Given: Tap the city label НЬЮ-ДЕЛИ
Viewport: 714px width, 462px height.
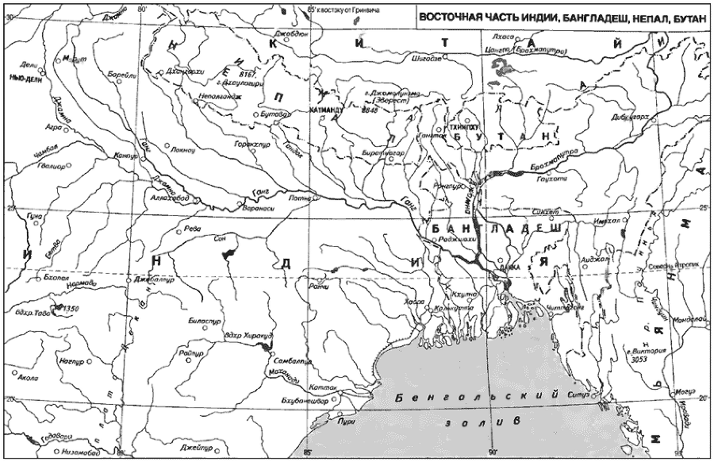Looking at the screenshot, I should [25, 79].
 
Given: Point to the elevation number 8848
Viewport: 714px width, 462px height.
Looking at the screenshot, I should [369, 110].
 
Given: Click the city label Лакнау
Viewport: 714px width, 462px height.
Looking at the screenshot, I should [182, 148].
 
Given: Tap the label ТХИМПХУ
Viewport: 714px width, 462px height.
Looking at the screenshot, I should [463, 126].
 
